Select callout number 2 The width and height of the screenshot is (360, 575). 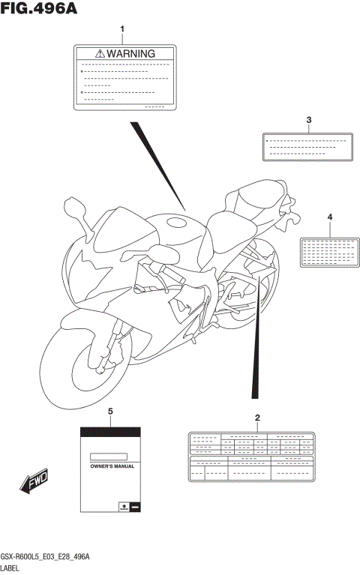257,417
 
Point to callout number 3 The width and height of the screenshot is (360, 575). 308,120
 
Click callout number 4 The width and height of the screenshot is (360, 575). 329,217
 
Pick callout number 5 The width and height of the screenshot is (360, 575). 110,411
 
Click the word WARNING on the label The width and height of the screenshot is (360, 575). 130,54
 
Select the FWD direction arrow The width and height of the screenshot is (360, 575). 35,484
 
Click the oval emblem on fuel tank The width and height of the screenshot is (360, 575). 178,222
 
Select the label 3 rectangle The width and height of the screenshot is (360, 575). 307,147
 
